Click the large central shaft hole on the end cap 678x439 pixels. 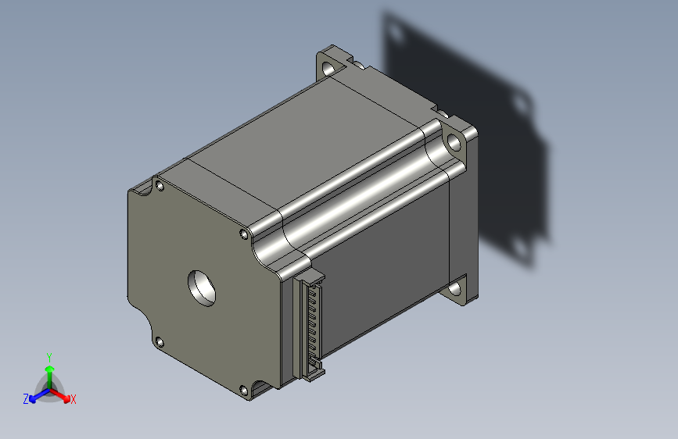click(202, 288)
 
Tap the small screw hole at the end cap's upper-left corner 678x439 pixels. click(160, 186)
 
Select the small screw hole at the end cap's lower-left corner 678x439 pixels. click(160, 343)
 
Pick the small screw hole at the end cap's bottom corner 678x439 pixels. click(244, 391)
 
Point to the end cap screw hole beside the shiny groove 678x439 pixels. click(244, 234)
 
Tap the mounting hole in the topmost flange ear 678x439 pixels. click(329, 68)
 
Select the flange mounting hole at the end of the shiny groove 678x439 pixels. click(453, 142)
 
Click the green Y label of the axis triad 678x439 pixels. click(49, 357)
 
